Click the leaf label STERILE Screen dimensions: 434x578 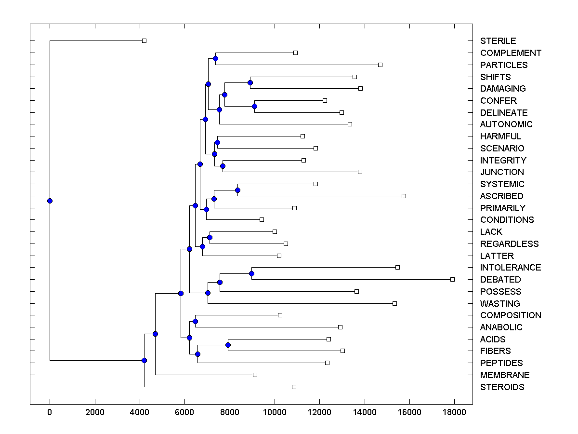point(498,41)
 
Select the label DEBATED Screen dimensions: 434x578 point(500,280)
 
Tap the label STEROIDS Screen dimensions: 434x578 point(502,387)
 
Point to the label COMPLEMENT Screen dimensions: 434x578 point(511,53)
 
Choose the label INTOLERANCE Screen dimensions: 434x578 point(511,268)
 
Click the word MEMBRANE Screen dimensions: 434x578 point(505,375)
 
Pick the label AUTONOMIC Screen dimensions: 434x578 point(506,124)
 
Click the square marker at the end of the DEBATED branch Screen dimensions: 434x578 point(452,279)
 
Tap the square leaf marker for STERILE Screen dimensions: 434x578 point(144,41)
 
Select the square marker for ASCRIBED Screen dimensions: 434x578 point(404,196)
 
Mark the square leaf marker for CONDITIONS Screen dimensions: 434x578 point(262,219)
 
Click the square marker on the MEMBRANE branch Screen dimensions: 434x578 point(255,375)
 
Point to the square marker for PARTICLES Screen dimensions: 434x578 point(380,65)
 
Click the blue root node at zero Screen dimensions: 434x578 point(50,201)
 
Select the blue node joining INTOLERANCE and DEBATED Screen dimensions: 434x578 point(251,273)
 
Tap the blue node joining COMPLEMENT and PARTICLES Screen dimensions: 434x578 point(215,58)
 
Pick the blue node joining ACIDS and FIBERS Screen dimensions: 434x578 point(228,345)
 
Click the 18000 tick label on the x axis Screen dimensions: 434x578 point(454,412)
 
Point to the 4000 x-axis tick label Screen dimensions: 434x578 point(140,412)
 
